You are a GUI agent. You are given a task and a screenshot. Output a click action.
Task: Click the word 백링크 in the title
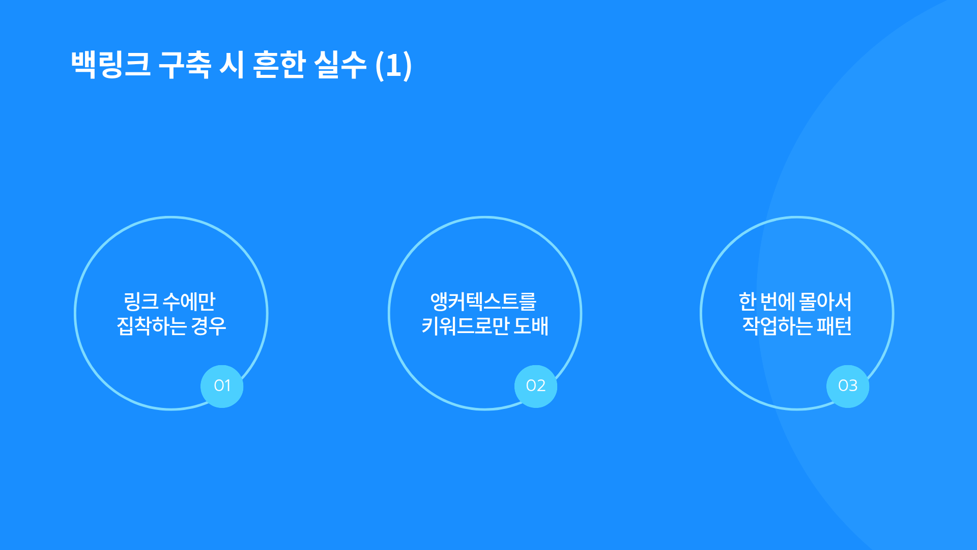[x=111, y=65]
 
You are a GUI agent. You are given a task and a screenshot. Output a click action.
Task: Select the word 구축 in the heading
[x=185, y=65]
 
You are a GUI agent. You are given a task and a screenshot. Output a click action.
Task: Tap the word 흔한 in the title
[x=279, y=65]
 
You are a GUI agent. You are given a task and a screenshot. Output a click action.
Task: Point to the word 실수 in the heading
[x=340, y=65]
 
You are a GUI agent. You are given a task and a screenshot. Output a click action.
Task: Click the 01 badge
[x=222, y=386]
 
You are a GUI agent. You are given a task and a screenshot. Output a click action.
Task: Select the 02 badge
[x=536, y=386]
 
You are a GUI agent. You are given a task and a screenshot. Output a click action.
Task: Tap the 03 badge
[x=848, y=386]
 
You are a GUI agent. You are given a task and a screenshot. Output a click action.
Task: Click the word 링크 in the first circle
[x=141, y=301]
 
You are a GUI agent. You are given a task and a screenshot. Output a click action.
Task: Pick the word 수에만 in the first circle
[x=189, y=301]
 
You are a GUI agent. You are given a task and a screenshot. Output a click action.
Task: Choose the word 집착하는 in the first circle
[x=151, y=326]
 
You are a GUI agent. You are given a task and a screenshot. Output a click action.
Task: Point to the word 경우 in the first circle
[x=209, y=326]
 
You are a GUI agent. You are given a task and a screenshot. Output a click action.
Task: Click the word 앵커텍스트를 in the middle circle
[x=483, y=301]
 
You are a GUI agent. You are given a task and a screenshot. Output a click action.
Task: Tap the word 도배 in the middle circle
[x=531, y=326]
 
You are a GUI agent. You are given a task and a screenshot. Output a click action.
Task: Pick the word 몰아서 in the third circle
[x=825, y=301]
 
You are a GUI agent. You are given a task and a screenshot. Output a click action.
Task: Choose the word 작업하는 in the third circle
[x=777, y=326]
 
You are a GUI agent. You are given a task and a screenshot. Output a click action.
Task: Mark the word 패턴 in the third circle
[x=834, y=326]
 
